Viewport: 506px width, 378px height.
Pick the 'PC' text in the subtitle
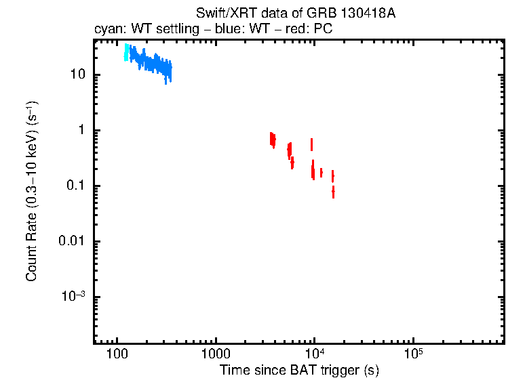323,30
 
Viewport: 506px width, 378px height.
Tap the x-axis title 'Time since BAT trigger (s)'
299,370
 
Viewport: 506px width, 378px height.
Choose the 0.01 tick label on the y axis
71,242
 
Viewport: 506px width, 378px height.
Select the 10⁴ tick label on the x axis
314,354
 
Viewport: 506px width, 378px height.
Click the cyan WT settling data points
126,52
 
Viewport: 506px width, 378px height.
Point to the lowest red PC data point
333,192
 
